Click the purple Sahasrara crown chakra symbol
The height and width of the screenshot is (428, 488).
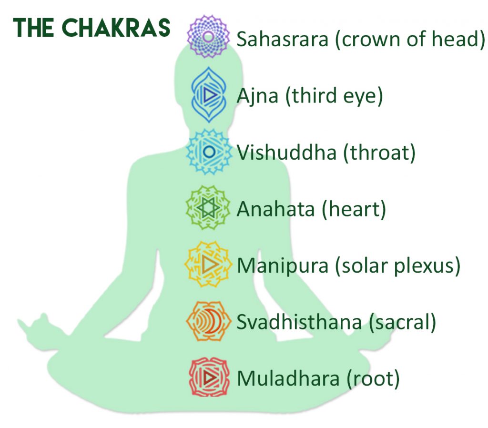[208, 36]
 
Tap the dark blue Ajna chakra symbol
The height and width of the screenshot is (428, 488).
[209, 95]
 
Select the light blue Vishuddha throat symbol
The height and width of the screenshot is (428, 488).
[209, 152]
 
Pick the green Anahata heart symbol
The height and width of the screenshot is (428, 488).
[208, 208]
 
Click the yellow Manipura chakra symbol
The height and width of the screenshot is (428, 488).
[208, 264]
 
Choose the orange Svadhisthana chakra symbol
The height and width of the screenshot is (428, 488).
[209, 321]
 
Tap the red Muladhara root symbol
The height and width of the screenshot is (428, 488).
[209, 377]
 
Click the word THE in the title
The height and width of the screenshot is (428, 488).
[33, 28]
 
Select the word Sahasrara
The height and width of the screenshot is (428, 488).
[283, 39]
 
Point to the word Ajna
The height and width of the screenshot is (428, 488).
[257, 96]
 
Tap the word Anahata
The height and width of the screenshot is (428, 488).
[276, 209]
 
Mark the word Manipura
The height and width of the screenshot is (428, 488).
[283, 266]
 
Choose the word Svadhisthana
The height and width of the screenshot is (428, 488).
[299, 322]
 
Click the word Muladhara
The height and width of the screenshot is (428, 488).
[288, 378]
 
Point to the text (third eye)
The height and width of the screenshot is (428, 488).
[334, 96]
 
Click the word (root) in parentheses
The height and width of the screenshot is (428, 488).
[373, 379]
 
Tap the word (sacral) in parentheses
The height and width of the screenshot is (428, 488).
[402, 322]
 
